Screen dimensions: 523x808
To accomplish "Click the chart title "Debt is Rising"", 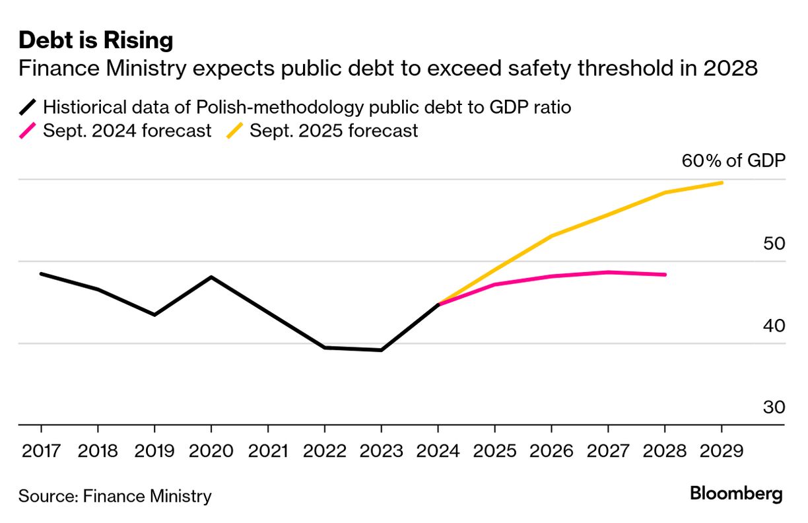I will tap(96, 41).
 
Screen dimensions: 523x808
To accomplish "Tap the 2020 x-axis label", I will tap(211, 451).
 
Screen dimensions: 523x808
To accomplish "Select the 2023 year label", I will tap(382, 451).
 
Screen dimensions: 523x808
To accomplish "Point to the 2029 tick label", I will tap(722, 451).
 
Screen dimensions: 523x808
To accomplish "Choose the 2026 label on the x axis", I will tap(551, 451).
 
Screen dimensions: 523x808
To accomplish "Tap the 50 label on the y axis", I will tap(774, 244).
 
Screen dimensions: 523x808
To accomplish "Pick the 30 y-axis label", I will tap(774, 407).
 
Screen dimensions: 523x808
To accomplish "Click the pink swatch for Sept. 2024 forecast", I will tap(28, 131).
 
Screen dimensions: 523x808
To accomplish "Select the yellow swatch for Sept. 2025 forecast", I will tap(234, 131).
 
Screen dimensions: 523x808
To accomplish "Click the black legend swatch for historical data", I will tap(28, 106).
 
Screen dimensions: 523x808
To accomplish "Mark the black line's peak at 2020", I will tap(211, 277).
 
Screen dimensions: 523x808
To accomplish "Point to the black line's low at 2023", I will tap(382, 350).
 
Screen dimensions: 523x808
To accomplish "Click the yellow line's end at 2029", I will tap(722, 183).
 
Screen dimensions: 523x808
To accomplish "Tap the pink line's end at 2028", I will tap(665, 275).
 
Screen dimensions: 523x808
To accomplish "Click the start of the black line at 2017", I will tap(41, 273).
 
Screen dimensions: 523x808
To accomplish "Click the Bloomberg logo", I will tap(736, 493).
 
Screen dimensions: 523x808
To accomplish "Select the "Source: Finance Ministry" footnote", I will tap(115, 496).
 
